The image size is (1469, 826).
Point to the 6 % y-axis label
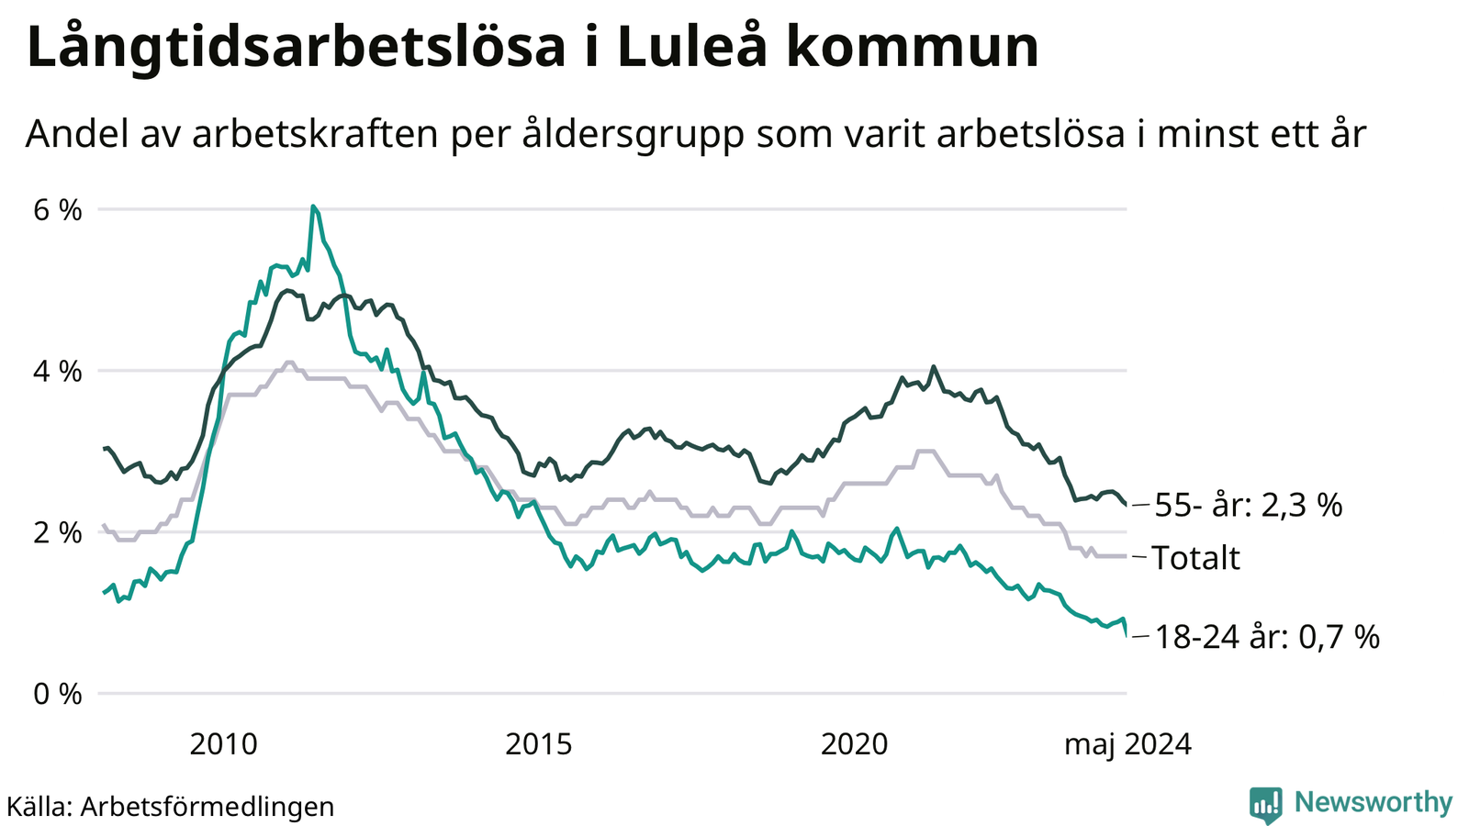(58, 210)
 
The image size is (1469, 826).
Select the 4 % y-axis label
(58, 372)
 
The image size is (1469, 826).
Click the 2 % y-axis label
(58, 532)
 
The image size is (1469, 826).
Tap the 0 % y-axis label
(58, 694)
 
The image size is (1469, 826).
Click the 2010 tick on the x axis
(223, 743)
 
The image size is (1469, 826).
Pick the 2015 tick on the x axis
(539, 743)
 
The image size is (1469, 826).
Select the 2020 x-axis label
(854, 743)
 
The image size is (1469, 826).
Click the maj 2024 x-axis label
(1127, 743)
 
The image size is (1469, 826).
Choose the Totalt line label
(1195, 558)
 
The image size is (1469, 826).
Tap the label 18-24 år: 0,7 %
(1267, 636)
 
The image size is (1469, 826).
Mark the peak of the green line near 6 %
(313, 206)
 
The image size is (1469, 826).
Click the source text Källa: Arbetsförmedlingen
(171, 807)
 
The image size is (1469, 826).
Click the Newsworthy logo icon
(1265, 805)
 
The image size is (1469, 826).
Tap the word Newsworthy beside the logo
(1374, 803)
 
